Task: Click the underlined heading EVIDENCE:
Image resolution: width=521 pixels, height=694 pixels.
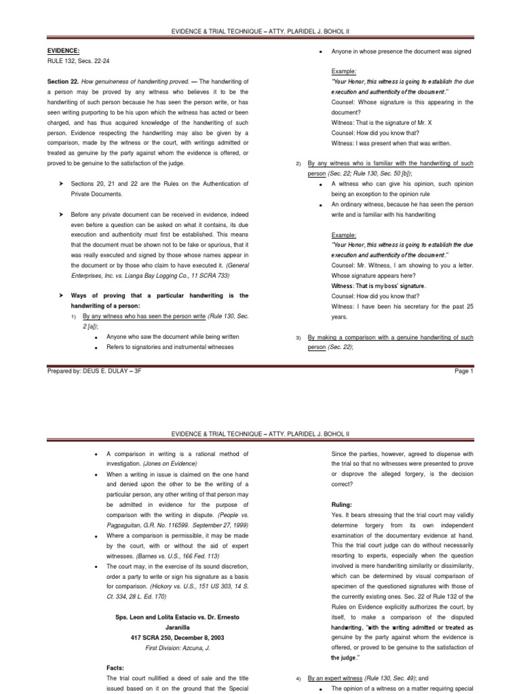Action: (64, 50)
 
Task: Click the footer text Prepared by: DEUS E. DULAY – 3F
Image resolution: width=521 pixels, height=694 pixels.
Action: (95, 371)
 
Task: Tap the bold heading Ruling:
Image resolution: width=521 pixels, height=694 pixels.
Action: (343, 505)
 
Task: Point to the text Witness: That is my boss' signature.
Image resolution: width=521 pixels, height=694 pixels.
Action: (379, 287)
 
